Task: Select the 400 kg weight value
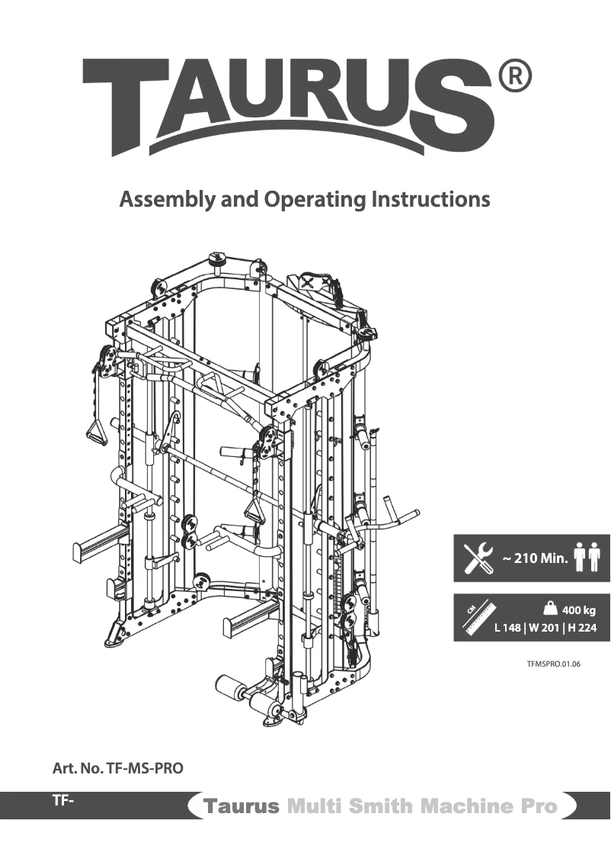(x=579, y=609)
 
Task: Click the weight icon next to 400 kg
(x=550, y=608)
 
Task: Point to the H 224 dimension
(x=582, y=629)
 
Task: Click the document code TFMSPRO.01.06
(x=554, y=664)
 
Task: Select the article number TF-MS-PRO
(x=118, y=769)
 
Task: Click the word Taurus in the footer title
(x=241, y=806)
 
